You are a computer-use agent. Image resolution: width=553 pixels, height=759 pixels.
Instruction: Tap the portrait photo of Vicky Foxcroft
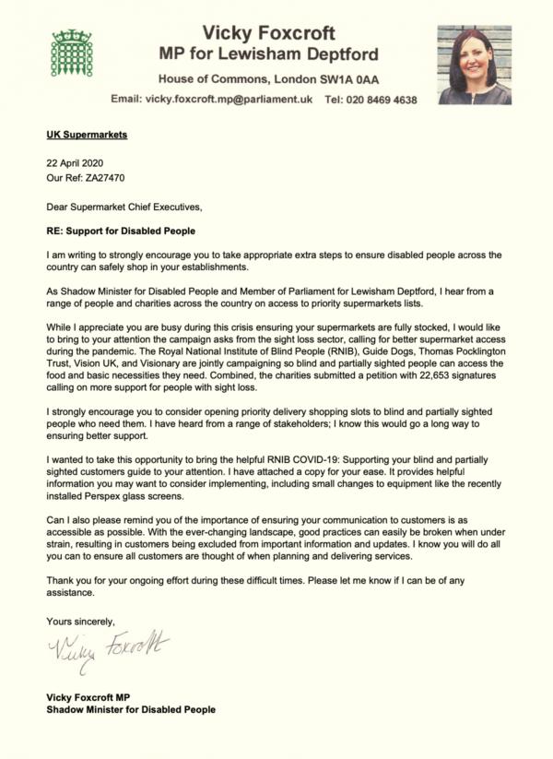[x=474, y=64]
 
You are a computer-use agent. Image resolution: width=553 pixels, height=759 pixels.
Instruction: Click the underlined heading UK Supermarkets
[x=87, y=135]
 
